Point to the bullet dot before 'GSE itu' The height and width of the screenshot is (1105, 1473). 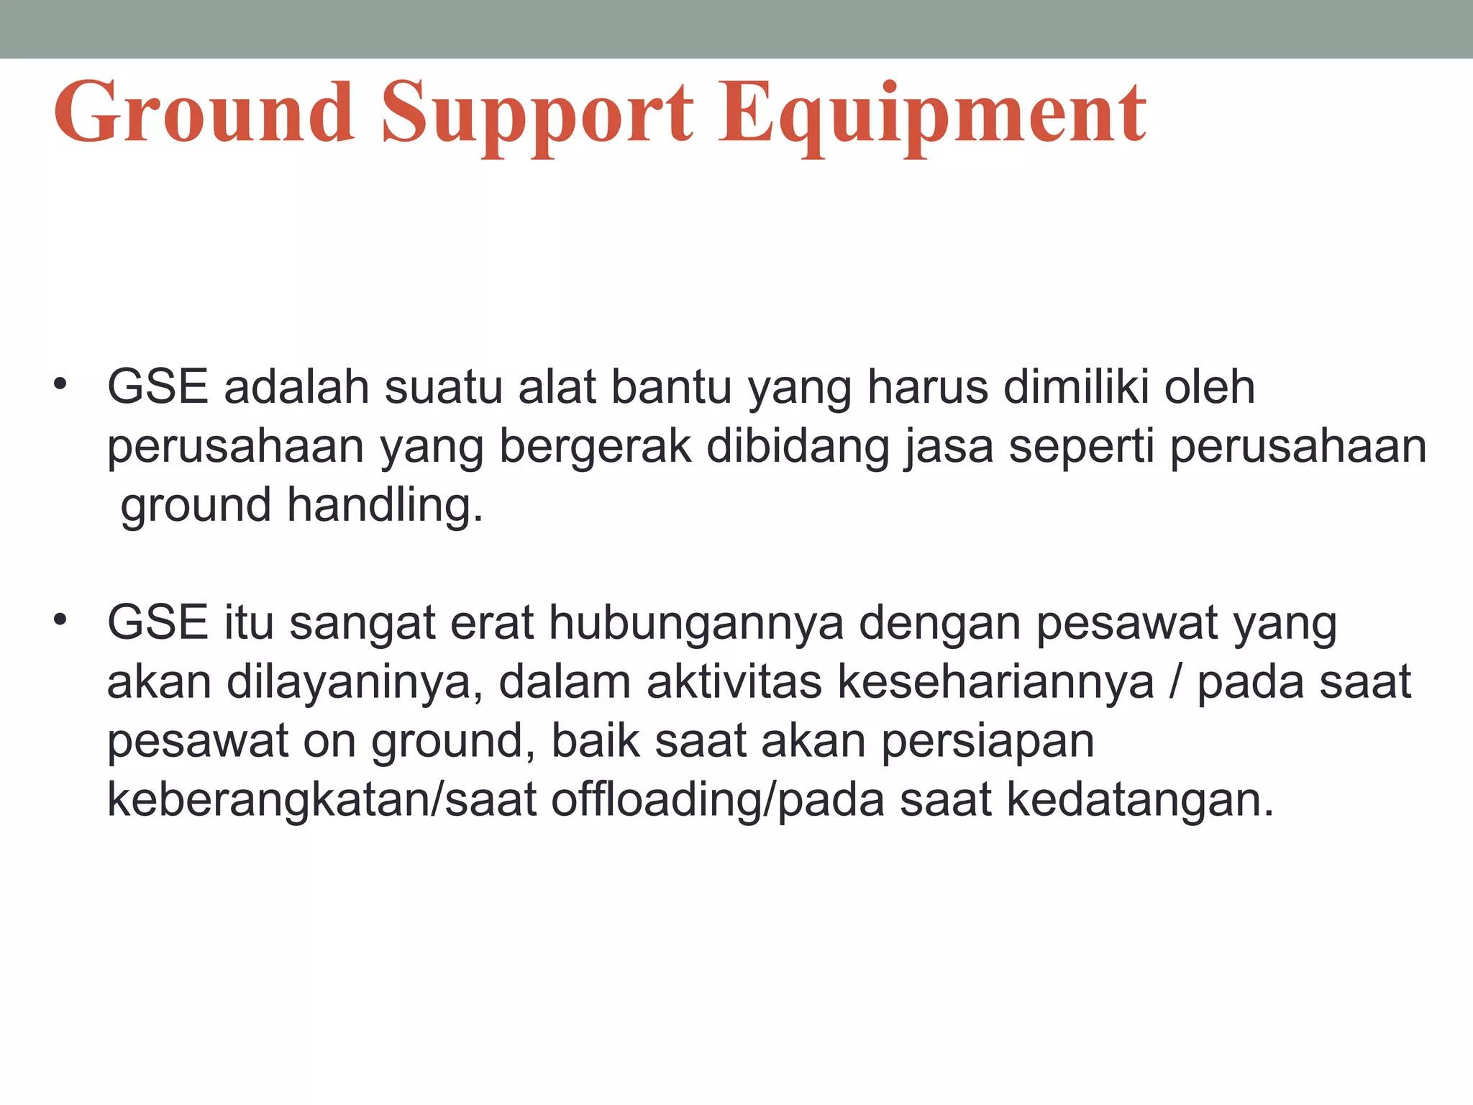[x=60, y=619]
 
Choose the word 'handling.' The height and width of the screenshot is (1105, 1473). [x=385, y=505]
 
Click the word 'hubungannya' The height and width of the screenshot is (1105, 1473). [x=696, y=623]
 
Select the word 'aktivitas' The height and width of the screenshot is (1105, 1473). [x=734, y=682]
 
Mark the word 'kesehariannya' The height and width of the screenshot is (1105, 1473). [x=996, y=682]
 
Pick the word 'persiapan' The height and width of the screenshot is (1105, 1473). [x=988, y=741]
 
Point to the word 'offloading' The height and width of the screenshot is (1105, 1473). [x=657, y=800]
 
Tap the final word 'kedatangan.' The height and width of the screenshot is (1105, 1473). [x=1140, y=800]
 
